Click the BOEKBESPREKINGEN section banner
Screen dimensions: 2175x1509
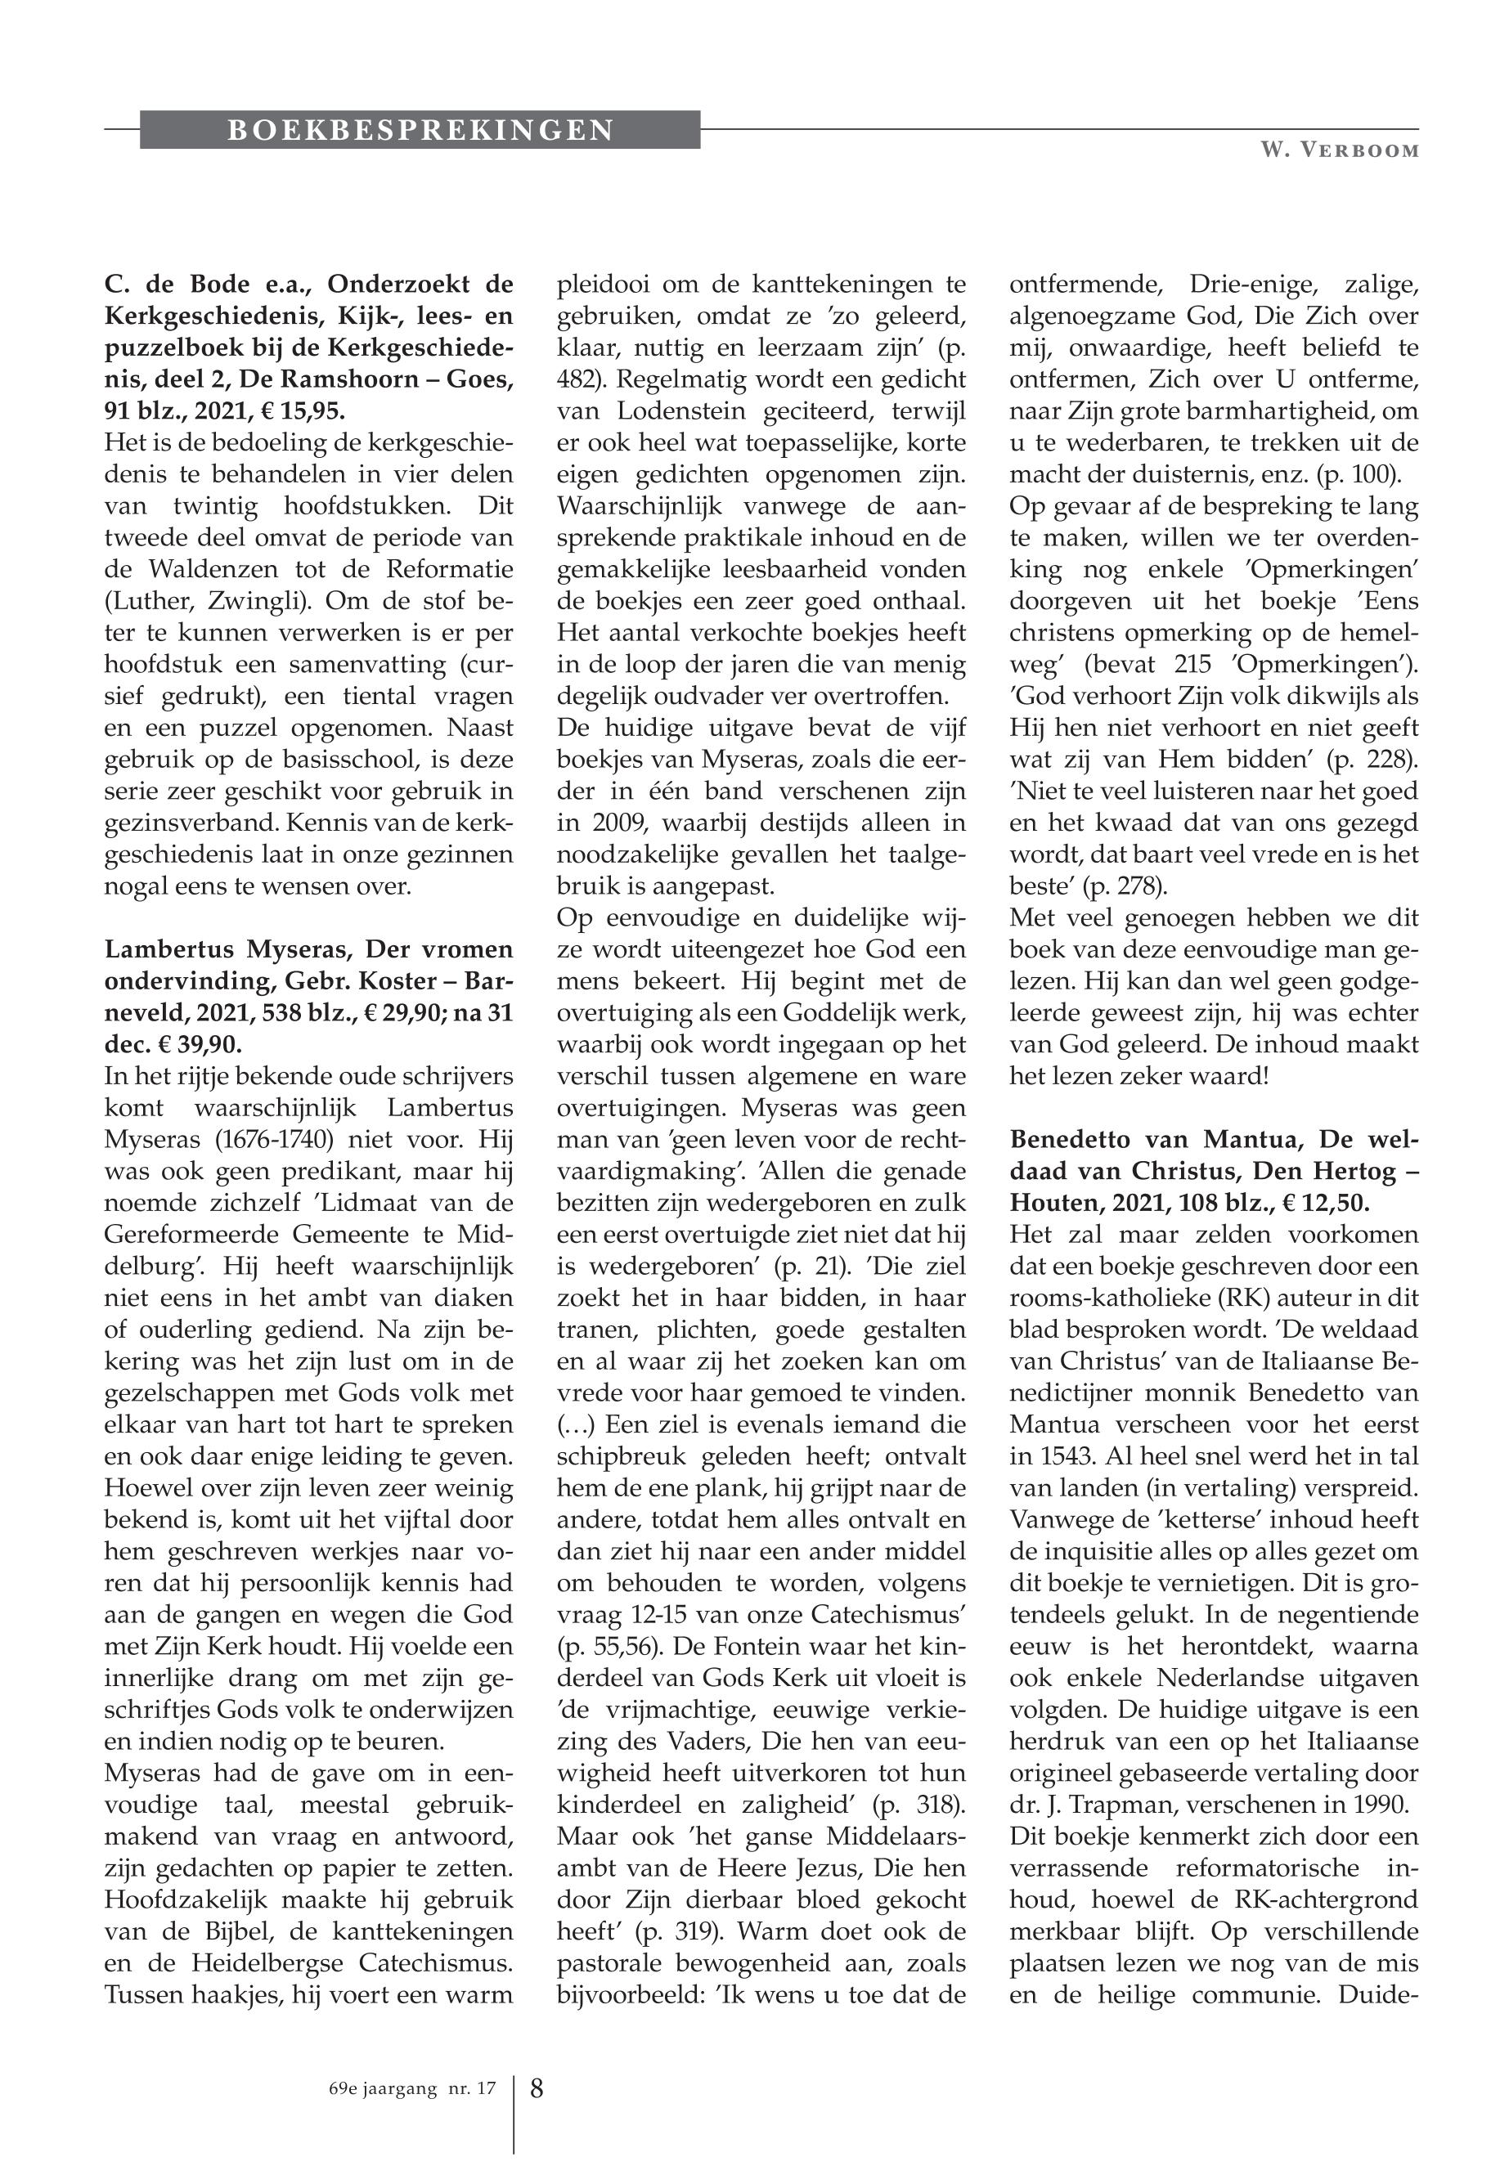point(420,129)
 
